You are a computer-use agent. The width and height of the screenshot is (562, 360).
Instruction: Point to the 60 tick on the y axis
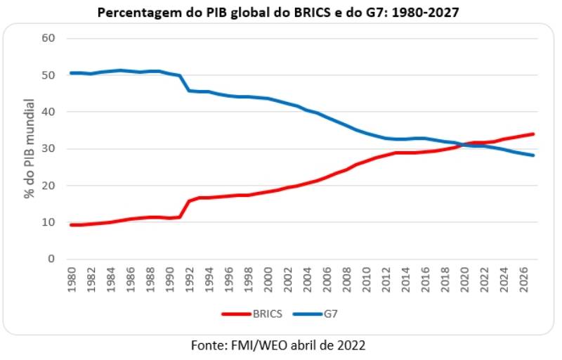click(x=47, y=38)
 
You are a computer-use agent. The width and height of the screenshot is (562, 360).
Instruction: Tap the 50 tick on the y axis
click(x=47, y=75)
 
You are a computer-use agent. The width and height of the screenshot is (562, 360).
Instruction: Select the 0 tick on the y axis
click(x=51, y=259)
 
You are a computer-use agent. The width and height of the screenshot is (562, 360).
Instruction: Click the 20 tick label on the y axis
click(x=47, y=186)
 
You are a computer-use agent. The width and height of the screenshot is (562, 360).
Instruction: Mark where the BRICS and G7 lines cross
click(x=464, y=144)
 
